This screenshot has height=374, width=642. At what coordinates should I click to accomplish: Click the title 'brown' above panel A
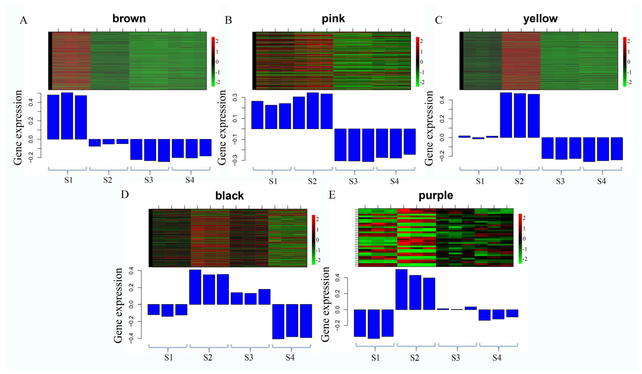[129, 19]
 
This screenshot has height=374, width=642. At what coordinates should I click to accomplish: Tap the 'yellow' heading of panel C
[540, 19]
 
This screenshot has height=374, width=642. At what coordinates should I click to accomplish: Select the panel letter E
[332, 195]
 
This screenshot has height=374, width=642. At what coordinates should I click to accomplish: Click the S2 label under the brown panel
[107, 180]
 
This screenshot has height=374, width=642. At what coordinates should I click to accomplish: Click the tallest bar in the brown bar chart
[67, 116]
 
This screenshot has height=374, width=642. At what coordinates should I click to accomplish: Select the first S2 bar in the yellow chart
[506, 115]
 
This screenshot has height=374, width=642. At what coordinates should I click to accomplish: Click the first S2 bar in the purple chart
[401, 289]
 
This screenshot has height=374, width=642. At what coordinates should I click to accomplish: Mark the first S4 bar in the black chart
[278, 321]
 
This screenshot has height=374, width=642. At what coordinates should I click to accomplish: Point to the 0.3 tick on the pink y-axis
[235, 98]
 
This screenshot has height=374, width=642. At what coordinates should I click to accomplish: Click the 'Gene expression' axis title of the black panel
[118, 305]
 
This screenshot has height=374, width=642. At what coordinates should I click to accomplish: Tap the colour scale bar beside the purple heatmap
[520, 238]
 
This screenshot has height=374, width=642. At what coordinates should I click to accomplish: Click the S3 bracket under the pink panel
[354, 170]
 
